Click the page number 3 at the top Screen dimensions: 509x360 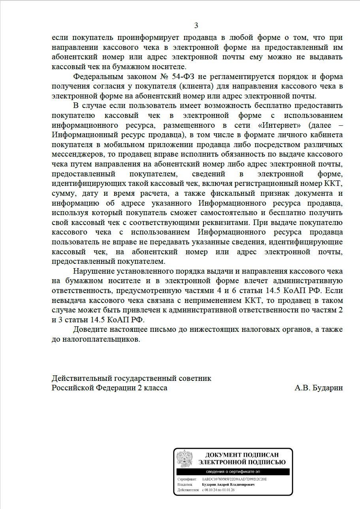coord(196,26)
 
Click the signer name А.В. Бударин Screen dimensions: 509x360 coord(319,388)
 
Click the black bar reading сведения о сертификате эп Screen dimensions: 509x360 coord(233,472)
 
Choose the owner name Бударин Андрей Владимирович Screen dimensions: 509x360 coord(228,484)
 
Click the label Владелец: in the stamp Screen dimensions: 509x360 coord(185,484)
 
